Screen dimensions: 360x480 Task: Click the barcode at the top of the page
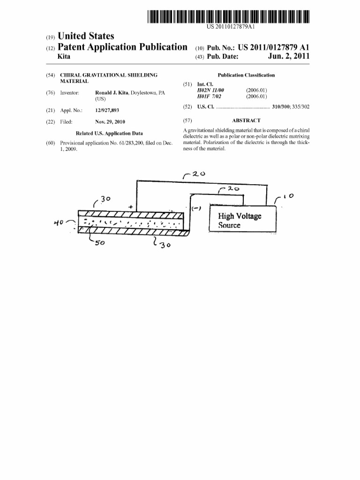pyautogui.click(x=228, y=16)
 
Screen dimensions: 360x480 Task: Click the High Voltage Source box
pyautogui.click(x=242, y=218)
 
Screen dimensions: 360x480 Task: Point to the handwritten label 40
pyautogui.click(x=59, y=223)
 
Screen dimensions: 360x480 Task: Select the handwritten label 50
pyautogui.click(x=99, y=243)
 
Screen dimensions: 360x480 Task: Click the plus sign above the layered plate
pyautogui.click(x=131, y=207)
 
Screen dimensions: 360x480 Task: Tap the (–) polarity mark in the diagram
pyautogui.click(x=196, y=209)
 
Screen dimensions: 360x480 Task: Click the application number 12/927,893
pyautogui.click(x=107, y=110)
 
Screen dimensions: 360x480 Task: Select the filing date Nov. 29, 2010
pyautogui.click(x=110, y=122)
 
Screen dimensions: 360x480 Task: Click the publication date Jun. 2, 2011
pyautogui.click(x=289, y=56)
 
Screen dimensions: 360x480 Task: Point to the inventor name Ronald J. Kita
pyautogui.click(x=112, y=93)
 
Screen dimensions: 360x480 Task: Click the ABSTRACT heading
pyautogui.click(x=246, y=120)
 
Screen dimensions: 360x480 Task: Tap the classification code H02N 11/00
pyautogui.click(x=210, y=90)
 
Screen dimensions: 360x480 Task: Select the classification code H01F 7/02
pyautogui.click(x=209, y=97)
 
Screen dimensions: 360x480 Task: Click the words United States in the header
pyautogui.click(x=86, y=36)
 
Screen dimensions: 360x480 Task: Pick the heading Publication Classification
pyautogui.click(x=246, y=75)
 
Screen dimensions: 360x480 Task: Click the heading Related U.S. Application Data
pyautogui.click(x=109, y=134)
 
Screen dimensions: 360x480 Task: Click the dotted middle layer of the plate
pyautogui.click(x=131, y=222)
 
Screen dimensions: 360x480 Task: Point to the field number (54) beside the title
pyautogui.click(x=51, y=75)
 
